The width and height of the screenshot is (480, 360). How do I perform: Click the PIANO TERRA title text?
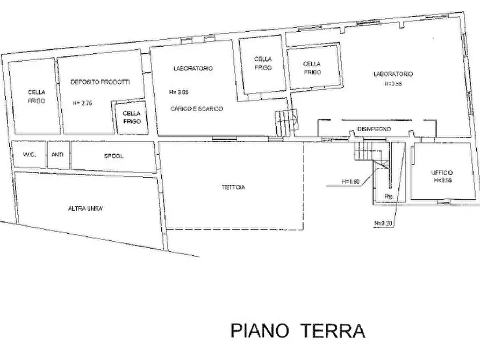pyautogui.click(x=298, y=330)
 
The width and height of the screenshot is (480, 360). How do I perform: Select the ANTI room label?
pyautogui.click(x=57, y=155)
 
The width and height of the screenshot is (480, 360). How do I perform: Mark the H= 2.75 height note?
pyautogui.click(x=83, y=102)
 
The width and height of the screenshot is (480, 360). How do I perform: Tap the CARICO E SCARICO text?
pyautogui.click(x=196, y=109)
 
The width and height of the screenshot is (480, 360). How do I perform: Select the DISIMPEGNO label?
pyautogui.click(x=374, y=129)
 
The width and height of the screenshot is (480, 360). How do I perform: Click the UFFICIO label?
pyautogui.click(x=442, y=172)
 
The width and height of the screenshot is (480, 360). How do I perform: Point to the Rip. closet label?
pyautogui.click(x=389, y=197)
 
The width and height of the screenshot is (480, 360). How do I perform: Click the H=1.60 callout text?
pyautogui.click(x=350, y=182)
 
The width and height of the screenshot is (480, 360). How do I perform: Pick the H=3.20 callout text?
pyautogui.click(x=383, y=221)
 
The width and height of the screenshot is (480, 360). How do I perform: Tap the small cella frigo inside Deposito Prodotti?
pyautogui.click(x=131, y=117)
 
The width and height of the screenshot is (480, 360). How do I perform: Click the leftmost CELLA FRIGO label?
pyautogui.click(x=37, y=97)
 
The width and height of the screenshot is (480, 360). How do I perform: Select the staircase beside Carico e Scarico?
pyautogui.click(x=286, y=123)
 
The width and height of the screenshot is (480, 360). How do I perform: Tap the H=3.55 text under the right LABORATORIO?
pyautogui.click(x=395, y=84)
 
